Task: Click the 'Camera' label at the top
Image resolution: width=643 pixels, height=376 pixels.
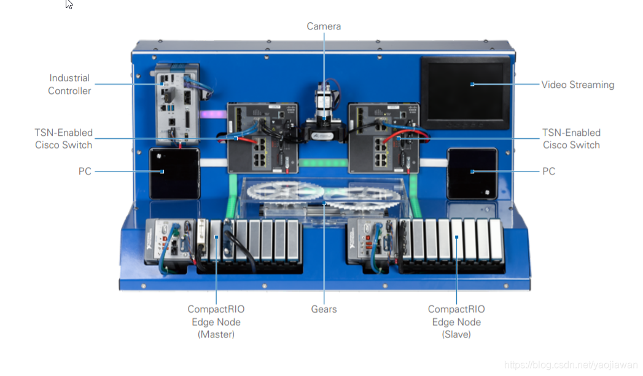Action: click(x=324, y=26)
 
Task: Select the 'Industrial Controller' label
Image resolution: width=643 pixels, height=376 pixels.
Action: click(x=70, y=85)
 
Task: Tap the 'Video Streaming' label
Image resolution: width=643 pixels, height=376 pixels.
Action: click(x=577, y=85)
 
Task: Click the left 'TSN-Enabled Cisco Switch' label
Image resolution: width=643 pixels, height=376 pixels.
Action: click(x=64, y=139)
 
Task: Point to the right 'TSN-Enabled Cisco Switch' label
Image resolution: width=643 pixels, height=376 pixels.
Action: click(x=571, y=139)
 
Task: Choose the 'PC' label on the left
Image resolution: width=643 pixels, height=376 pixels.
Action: click(x=85, y=171)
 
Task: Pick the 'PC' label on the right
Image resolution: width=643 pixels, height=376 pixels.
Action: click(x=548, y=171)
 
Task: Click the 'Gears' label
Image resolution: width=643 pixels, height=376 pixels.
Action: click(x=324, y=309)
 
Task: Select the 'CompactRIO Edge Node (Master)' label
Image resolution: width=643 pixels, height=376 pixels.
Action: click(x=216, y=322)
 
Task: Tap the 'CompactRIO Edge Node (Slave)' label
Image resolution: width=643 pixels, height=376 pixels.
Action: click(x=456, y=322)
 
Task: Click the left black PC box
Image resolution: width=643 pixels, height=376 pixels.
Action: click(x=174, y=173)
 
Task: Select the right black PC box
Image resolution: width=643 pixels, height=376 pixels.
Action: click(x=472, y=173)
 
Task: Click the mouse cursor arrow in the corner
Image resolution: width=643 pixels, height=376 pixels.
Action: click(x=69, y=4)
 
